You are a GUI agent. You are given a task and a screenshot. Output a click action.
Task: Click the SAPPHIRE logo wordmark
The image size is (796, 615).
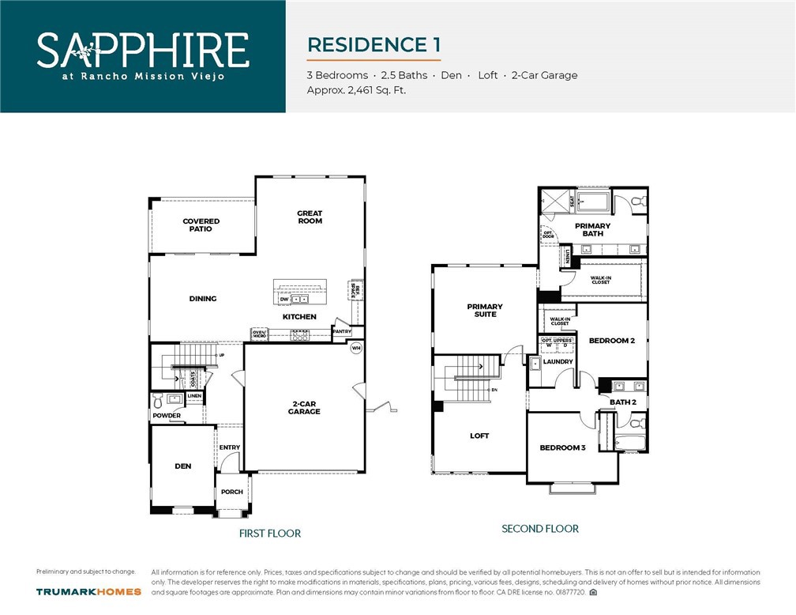point(143,50)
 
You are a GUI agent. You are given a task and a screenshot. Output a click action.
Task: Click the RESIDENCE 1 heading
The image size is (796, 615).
point(374,45)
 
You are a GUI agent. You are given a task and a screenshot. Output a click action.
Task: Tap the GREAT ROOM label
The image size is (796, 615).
point(310,217)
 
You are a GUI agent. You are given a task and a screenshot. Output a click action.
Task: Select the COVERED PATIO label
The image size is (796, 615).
point(201,225)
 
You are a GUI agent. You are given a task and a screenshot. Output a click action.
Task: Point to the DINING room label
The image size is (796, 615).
point(203,299)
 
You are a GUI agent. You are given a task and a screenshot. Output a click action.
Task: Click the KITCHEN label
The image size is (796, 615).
point(299,317)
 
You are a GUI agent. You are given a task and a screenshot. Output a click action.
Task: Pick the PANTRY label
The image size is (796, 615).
point(342,331)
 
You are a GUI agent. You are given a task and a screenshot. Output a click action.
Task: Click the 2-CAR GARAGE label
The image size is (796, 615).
point(304,408)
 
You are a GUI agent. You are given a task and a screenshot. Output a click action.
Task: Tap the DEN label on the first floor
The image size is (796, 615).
point(183,466)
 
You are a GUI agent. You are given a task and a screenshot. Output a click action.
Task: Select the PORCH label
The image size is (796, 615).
point(232,492)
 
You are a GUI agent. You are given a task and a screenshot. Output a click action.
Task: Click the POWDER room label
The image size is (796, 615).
point(167,416)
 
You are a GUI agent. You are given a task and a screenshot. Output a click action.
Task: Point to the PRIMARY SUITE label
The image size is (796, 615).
point(485,310)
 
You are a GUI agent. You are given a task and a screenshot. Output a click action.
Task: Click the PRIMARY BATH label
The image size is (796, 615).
point(592,229)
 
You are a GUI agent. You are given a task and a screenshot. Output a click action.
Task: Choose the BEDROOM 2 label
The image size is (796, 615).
point(612,341)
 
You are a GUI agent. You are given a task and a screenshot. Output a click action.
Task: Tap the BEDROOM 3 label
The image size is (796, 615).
point(562,447)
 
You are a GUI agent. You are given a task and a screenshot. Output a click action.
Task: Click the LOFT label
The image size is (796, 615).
point(479,436)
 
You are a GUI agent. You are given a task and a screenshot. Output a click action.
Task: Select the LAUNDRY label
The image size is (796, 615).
point(558,362)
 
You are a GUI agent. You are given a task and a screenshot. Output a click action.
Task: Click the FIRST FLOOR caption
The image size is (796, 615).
point(270,534)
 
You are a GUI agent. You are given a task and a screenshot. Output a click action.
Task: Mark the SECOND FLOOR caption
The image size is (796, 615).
point(540,528)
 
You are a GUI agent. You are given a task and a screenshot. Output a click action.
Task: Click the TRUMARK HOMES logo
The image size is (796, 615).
point(88,591)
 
